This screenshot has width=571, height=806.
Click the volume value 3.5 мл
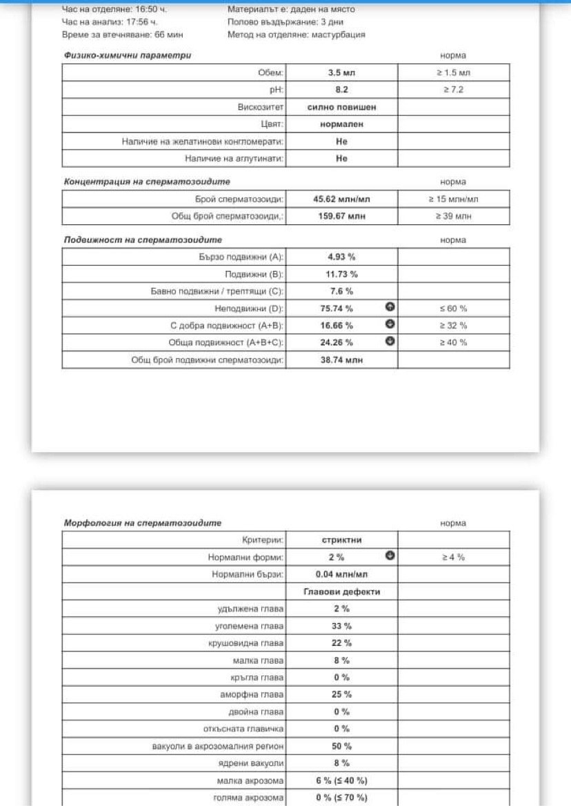341,72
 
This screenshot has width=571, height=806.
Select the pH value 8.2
341,90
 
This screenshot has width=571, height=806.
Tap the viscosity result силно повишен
341,107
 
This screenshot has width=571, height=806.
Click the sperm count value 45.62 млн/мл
341,199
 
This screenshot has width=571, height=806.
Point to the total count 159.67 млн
341,217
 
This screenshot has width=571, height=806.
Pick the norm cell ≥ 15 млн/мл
452,199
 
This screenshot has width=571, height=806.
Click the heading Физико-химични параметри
128,55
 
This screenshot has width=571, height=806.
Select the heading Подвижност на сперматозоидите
143,240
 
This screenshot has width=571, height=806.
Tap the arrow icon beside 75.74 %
390,308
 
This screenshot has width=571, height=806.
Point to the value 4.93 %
341,257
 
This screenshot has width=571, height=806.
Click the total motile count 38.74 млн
341,360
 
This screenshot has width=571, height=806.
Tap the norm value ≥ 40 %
452,342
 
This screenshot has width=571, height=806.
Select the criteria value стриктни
341,540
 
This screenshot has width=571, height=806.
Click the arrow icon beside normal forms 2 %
390,556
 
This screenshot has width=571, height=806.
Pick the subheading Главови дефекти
341,591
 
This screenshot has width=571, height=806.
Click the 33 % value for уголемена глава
341,626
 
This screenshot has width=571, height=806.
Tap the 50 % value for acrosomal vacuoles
341,746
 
